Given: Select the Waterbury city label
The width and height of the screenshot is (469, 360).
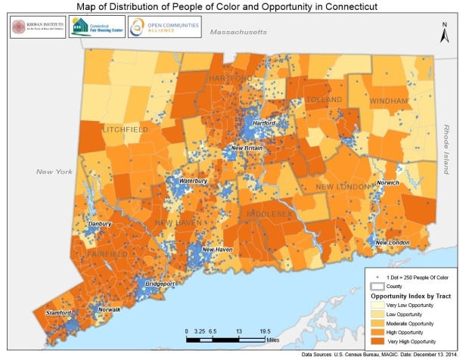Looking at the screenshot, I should point(193,182).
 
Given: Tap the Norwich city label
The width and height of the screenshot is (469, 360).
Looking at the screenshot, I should point(388,183).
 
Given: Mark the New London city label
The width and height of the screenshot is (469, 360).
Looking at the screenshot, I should point(393,242).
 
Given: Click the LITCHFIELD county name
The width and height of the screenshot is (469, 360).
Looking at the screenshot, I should point(126,130).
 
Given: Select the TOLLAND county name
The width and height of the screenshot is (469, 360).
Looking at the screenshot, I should point(325,100).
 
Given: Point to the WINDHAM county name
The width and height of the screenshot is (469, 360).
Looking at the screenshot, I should point(389,101).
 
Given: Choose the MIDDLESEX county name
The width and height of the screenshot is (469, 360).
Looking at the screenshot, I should point(269,216).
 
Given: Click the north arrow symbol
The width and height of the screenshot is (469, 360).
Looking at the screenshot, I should point(446,33).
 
